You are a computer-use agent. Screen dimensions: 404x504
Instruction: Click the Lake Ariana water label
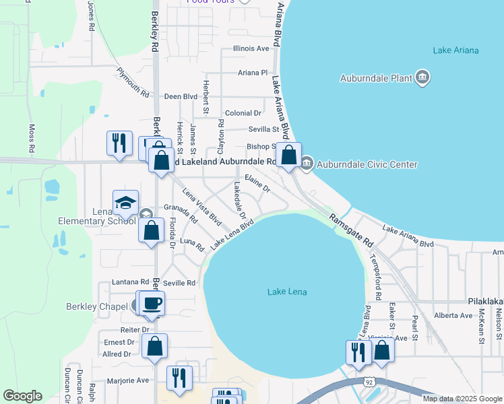pyautogui.click(x=455, y=50)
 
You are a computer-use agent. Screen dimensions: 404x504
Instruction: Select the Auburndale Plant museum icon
pyautogui.click(x=422, y=77)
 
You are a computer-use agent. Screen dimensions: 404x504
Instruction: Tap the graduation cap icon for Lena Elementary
pyautogui.click(x=125, y=203)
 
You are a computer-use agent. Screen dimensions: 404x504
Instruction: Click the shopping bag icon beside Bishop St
pyautogui.click(x=288, y=154)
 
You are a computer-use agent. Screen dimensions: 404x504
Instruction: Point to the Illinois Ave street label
pyautogui.click(x=251, y=48)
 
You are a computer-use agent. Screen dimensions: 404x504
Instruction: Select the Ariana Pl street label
pyautogui.click(x=253, y=73)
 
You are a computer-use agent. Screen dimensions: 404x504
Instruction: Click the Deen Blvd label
pyautogui.click(x=181, y=97)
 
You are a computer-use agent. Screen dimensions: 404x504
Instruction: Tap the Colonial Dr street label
pyautogui.click(x=243, y=114)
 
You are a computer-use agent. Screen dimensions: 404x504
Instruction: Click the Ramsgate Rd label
pyautogui.click(x=351, y=229)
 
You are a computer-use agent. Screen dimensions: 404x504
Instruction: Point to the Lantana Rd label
pyautogui.click(x=131, y=282)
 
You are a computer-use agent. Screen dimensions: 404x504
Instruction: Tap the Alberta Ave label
pyautogui.click(x=453, y=315)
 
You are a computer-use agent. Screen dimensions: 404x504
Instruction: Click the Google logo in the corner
pyautogui.click(x=22, y=396)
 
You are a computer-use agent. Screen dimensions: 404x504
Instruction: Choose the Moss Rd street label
pyautogui.click(x=31, y=137)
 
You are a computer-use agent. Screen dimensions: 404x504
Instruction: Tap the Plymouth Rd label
pyautogui.click(x=132, y=81)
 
